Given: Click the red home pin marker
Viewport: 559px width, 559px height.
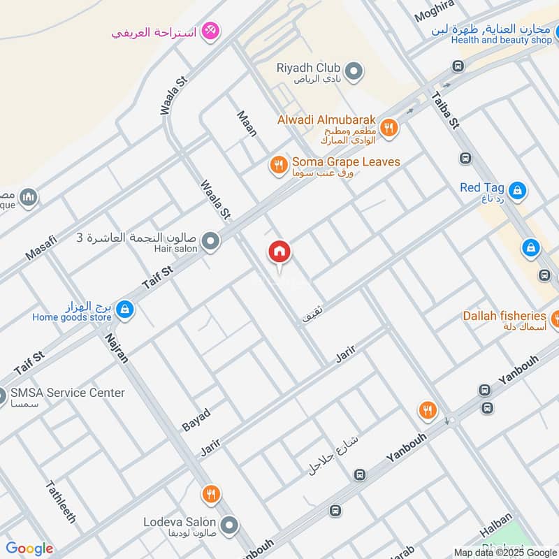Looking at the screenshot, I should [279, 252].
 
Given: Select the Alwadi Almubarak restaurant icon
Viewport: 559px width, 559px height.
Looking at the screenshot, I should [390, 128].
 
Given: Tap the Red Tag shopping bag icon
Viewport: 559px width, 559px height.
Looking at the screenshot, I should [517, 189].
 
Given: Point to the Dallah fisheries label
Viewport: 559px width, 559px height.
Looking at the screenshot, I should [504, 316].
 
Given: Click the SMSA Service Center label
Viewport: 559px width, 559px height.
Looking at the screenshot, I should [68, 393].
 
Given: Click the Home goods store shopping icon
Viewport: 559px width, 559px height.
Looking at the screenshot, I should [124, 309].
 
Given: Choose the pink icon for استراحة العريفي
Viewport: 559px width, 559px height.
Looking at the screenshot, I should [210, 31].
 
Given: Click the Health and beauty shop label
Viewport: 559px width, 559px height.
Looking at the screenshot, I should [501, 40].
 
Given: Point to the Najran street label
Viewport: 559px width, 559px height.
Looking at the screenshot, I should [117, 347].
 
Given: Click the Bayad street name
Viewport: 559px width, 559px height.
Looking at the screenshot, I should [196, 419].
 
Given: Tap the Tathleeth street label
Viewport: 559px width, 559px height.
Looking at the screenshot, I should [61, 502].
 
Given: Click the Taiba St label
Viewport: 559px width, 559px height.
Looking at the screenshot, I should [444, 110].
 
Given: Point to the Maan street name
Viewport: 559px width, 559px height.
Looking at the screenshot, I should [247, 122].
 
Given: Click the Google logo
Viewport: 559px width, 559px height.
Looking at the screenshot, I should [29, 549].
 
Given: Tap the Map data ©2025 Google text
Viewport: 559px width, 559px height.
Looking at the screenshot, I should [505, 552].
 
